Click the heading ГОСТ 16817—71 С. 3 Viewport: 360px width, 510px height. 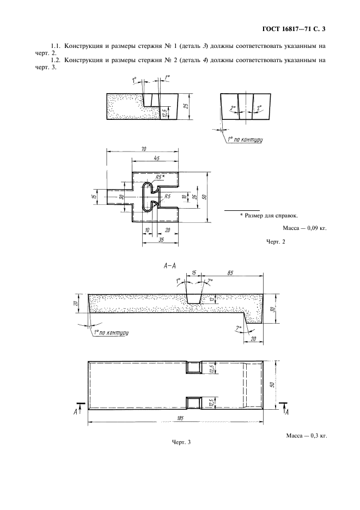(x=294, y=29)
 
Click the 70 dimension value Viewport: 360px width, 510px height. (x=143, y=149)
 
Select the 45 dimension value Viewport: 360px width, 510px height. (x=156, y=158)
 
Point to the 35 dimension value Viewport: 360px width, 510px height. (x=161, y=240)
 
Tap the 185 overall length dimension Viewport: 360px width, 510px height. (x=180, y=418)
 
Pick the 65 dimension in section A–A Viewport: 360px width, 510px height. (x=230, y=272)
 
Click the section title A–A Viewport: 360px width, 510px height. (x=169, y=266)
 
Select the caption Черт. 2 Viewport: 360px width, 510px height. (x=276, y=242)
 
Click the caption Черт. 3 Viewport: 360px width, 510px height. (x=181, y=442)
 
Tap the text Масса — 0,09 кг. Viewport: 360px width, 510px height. (x=304, y=228)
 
